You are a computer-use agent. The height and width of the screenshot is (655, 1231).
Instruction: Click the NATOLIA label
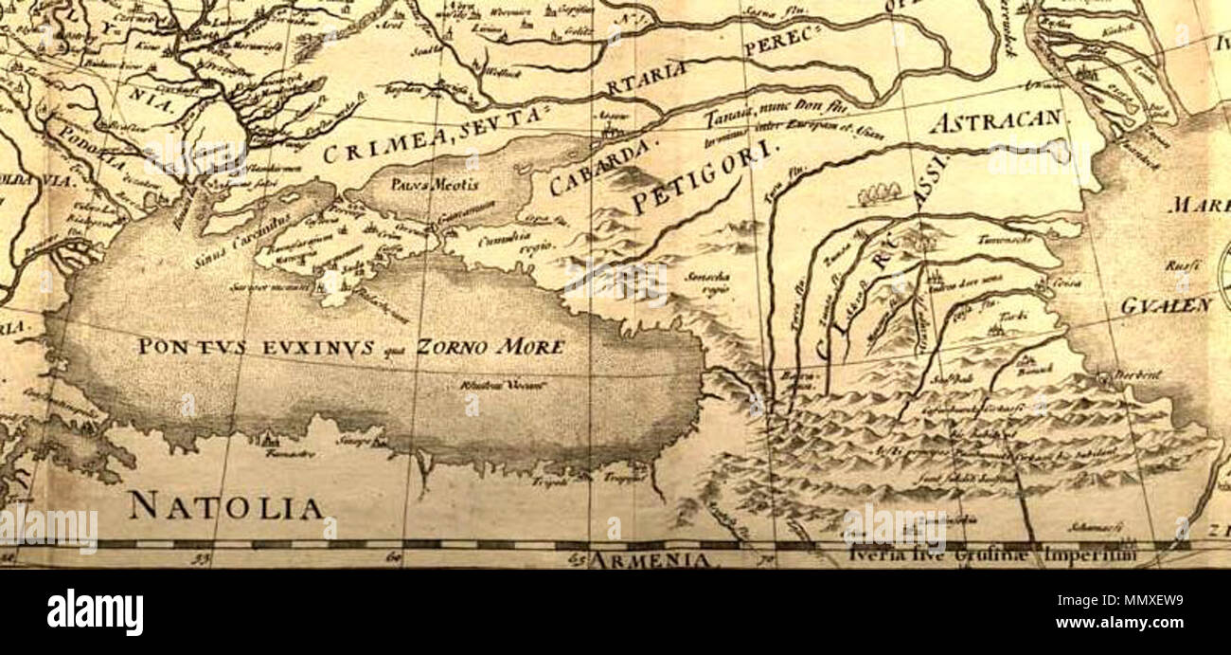(x=225, y=506)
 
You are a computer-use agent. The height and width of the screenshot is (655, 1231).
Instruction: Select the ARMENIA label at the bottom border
(x=651, y=560)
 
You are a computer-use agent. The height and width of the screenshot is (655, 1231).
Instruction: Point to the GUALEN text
(x=1166, y=305)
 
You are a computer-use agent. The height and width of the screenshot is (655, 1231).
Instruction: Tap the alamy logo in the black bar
(x=95, y=611)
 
